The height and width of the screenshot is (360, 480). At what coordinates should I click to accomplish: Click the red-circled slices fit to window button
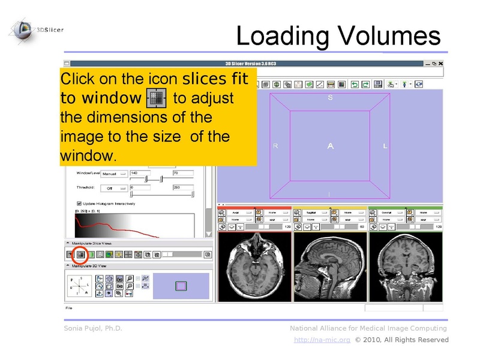(x=80, y=254)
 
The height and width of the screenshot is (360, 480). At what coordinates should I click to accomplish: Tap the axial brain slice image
(x=254, y=262)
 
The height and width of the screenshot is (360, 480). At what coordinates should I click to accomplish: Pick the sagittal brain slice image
(x=329, y=262)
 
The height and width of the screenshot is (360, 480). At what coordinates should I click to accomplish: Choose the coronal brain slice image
(x=405, y=262)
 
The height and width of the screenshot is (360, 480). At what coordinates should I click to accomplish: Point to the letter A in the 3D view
(x=330, y=146)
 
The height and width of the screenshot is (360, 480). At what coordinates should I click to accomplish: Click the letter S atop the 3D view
(x=330, y=98)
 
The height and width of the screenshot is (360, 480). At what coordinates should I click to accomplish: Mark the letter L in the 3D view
(x=385, y=146)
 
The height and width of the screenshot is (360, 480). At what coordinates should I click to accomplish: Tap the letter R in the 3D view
(x=275, y=146)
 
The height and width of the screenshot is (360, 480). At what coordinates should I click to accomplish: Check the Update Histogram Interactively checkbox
(x=79, y=203)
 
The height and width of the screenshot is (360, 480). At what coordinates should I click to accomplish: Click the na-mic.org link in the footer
(x=322, y=340)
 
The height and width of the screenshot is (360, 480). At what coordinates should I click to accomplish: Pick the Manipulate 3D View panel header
(x=90, y=265)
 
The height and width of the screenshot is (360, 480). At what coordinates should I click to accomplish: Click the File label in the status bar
(x=70, y=308)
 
